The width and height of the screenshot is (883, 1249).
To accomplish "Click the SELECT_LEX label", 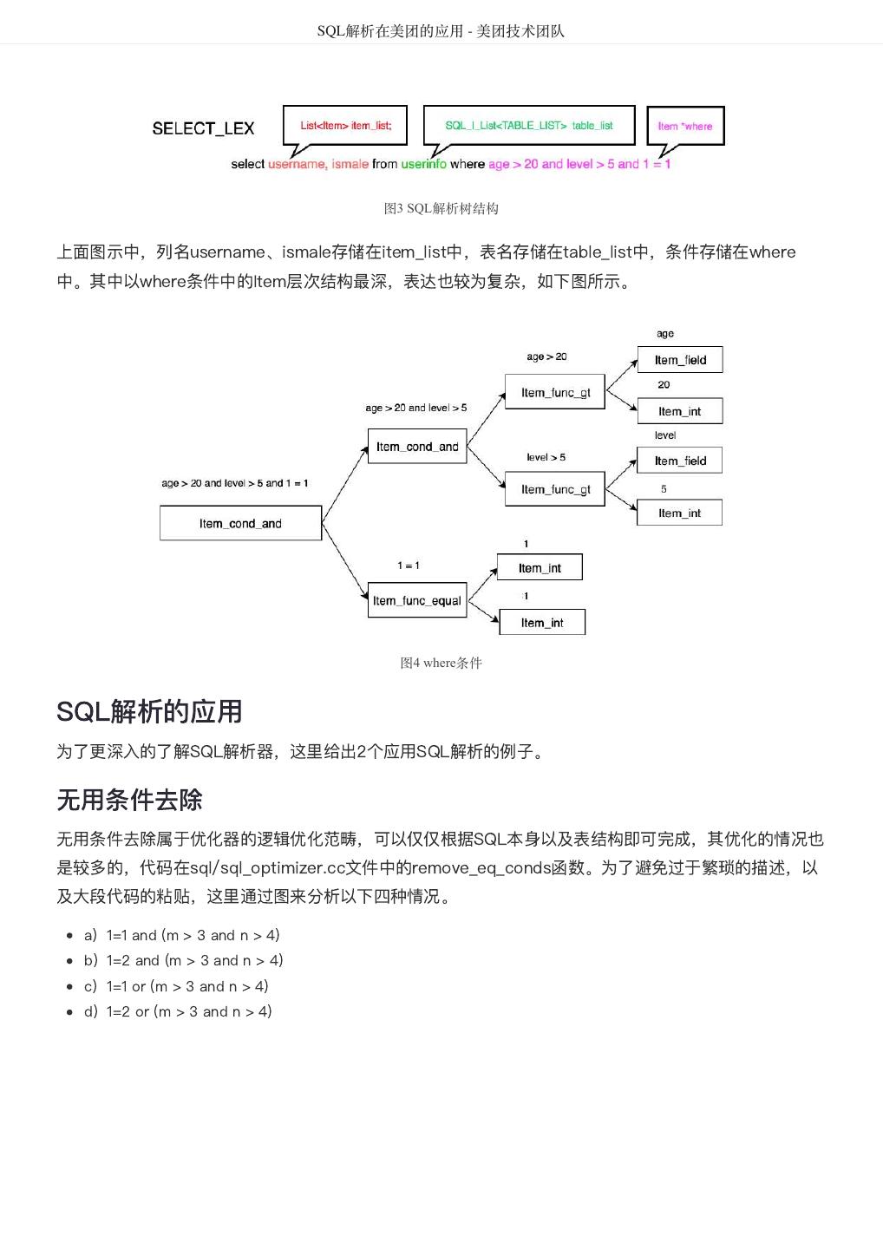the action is click(x=203, y=128).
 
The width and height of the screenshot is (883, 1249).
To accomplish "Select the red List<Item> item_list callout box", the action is click(x=346, y=126).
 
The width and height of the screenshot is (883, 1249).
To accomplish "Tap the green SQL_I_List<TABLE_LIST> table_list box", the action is click(x=528, y=126).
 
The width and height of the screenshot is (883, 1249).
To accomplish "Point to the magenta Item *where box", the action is click(x=684, y=126).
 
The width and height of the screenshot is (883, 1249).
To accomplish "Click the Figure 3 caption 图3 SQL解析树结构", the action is click(x=441, y=208).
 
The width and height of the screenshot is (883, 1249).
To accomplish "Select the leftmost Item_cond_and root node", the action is click(x=240, y=523).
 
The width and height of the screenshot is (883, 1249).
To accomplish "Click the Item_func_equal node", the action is click(x=417, y=600).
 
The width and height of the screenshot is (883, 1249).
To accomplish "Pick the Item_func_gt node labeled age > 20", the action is click(x=555, y=392).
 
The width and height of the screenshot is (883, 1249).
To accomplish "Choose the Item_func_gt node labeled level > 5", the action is click(x=555, y=489).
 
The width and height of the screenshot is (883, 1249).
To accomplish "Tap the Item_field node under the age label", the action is click(x=680, y=360).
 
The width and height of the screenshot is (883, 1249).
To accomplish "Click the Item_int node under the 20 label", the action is click(x=680, y=411).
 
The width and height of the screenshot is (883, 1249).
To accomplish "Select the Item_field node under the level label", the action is click(x=680, y=461).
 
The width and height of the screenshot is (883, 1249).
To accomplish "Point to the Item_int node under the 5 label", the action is click(x=680, y=513).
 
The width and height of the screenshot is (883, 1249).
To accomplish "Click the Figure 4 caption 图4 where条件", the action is click(x=441, y=663).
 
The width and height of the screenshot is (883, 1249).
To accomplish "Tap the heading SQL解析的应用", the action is click(x=149, y=711).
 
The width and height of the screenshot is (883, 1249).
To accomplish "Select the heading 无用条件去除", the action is click(x=129, y=799).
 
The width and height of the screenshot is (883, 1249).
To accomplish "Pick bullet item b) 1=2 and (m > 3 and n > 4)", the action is click(x=183, y=960).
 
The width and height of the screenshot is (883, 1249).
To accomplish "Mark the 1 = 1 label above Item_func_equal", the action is click(x=409, y=566).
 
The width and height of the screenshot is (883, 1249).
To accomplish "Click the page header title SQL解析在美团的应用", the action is click(x=441, y=31).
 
